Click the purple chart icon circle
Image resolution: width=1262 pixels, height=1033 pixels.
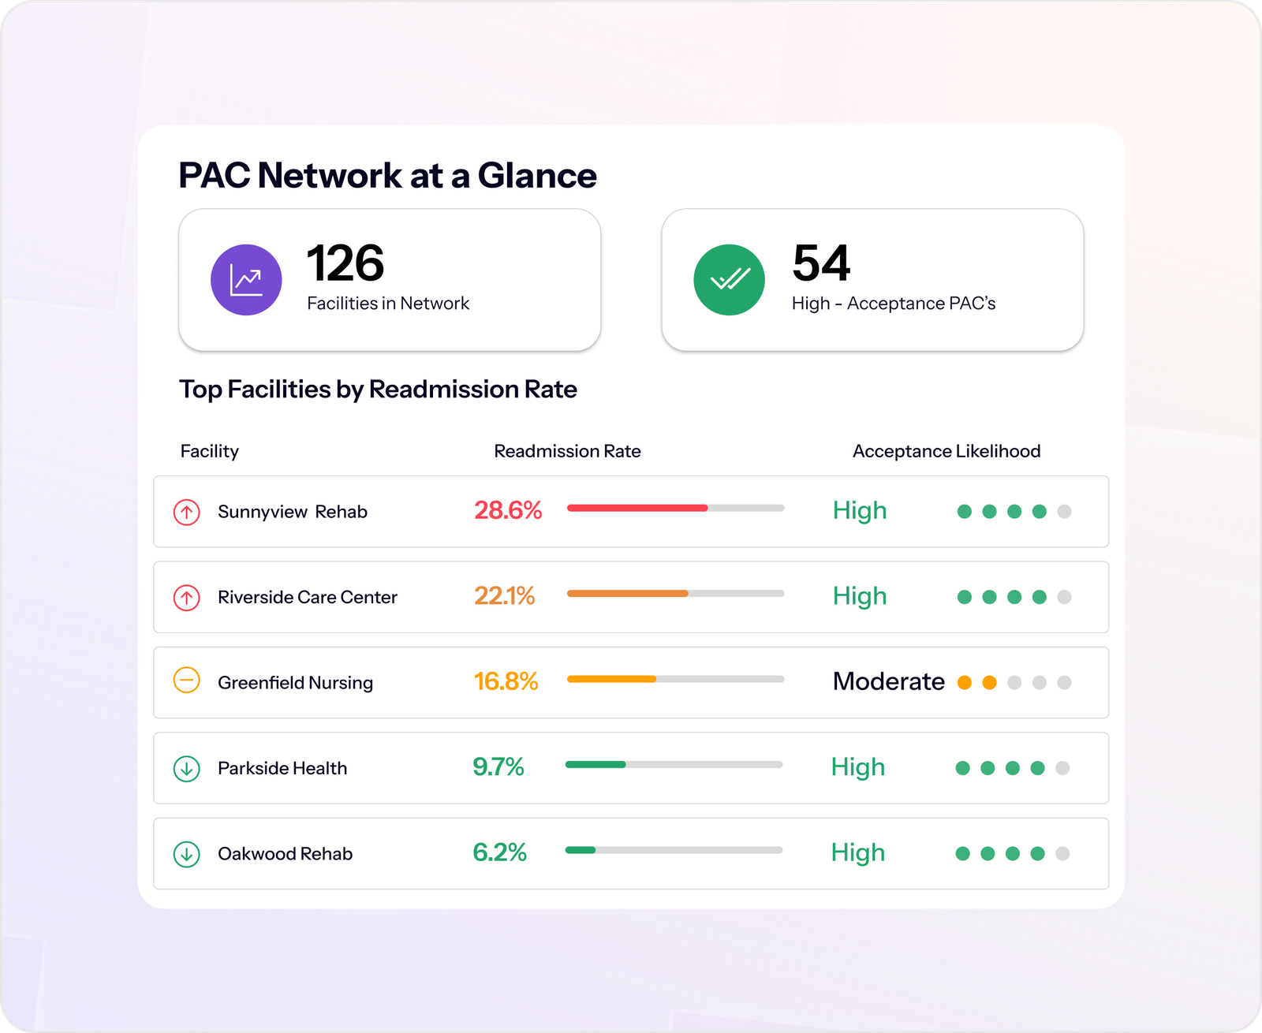pos(246,279)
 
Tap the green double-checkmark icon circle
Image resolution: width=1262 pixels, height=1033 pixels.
pos(729,279)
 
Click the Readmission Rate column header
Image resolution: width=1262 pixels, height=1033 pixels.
pos(567,451)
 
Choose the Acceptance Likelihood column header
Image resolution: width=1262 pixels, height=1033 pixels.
pos(946,451)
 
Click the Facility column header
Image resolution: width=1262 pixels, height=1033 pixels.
pos(210,452)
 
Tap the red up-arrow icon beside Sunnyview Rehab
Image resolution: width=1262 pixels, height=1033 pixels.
pos(187,512)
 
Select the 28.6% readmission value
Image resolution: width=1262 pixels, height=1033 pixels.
pos(508,510)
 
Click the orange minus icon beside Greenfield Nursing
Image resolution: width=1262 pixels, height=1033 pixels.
pos(187,681)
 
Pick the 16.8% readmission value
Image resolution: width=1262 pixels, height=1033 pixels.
pos(506,681)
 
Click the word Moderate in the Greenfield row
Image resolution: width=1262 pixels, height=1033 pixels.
pos(889,681)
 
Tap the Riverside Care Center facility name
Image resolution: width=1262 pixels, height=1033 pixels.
pos(308,597)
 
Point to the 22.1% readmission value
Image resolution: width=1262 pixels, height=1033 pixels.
pos(505,596)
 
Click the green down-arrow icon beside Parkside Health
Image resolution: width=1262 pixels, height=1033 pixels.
pos(187,769)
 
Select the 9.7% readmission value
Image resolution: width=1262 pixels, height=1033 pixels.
pos(498,766)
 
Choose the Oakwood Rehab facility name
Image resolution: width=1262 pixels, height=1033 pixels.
pos(286,853)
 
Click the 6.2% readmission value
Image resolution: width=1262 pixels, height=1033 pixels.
pos(499,852)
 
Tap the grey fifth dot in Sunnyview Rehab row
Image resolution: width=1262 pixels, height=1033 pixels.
pos(1064,512)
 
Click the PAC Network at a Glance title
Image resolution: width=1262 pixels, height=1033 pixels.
pos(388,175)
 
